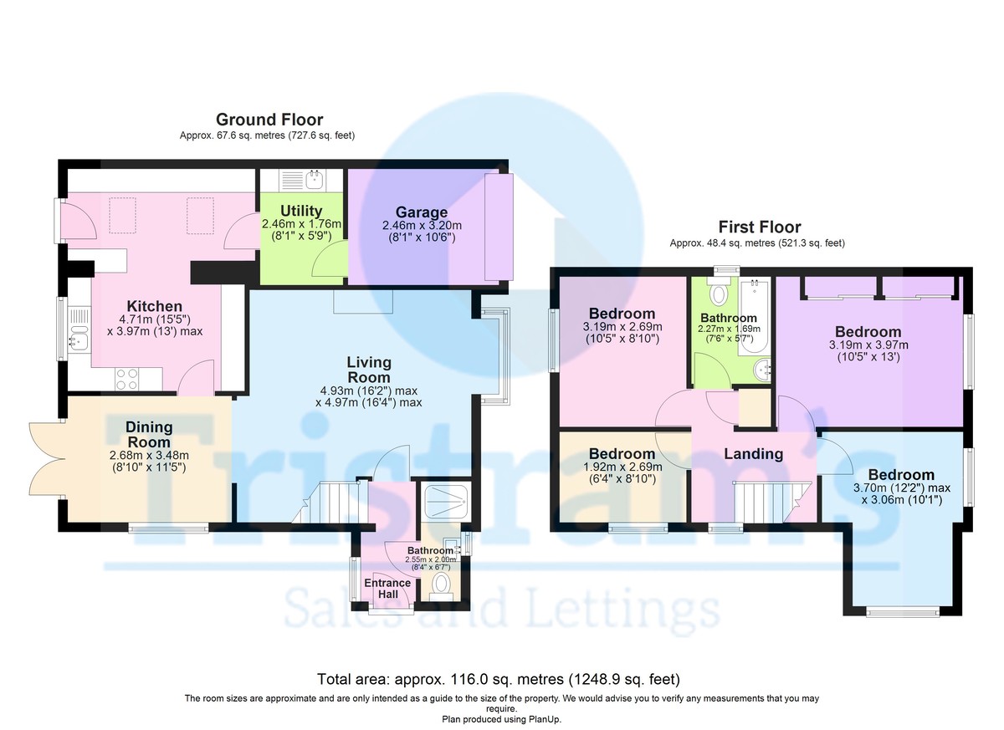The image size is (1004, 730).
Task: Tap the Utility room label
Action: [301, 212]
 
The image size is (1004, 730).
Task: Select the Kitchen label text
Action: [154, 306]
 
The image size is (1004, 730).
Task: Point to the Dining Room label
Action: [148, 435]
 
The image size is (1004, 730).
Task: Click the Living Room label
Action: [369, 369]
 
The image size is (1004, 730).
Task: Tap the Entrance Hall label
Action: [387, 589]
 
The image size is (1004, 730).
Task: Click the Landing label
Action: [753, 454]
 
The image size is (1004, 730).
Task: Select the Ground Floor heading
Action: [269, 120]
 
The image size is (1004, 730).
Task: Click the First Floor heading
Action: [759, 227]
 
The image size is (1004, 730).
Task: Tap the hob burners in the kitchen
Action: [125, 380]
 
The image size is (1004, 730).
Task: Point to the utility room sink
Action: [315, 179]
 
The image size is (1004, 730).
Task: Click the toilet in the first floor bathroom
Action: [717, 294]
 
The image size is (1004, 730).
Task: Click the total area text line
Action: [499, 678]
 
